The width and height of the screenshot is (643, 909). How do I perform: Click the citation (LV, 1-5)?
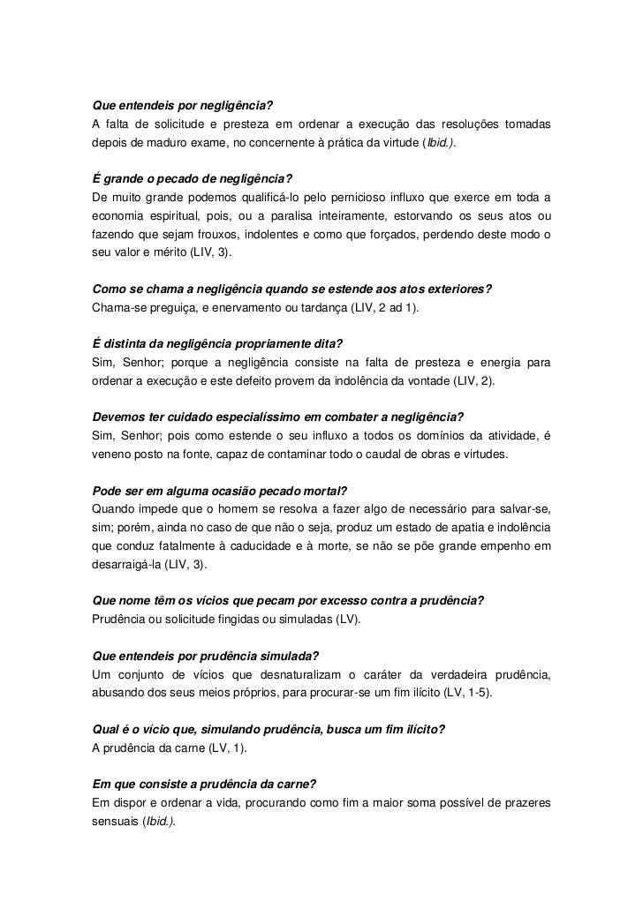pyautogui.click(x=469, y=693)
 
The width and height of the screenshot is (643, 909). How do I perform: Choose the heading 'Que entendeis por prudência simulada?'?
pyautogui.click(x=206, y=657)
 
